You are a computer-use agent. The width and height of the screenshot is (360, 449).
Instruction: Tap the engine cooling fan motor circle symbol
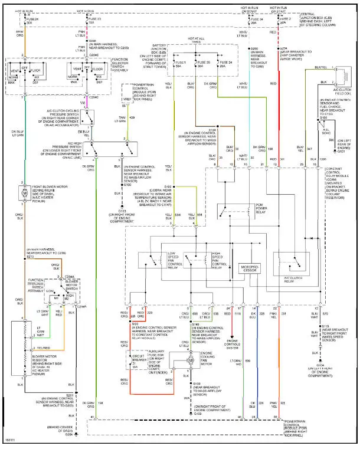[x=190, y=359]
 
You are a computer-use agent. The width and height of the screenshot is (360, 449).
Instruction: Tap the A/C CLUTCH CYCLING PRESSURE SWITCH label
[x=55, y=106]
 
